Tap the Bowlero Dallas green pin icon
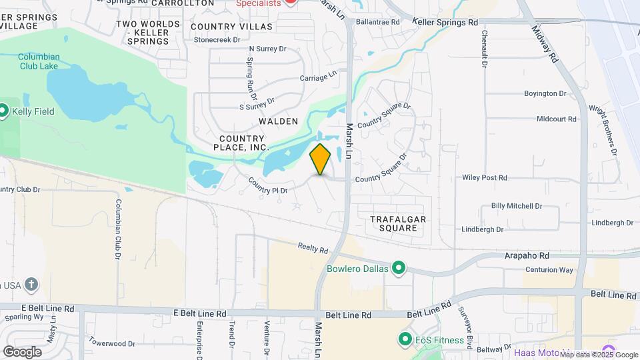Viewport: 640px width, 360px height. click(x=399, y=269)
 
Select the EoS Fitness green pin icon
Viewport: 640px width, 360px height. click(x=405, y=340)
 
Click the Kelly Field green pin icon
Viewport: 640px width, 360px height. click(x=3, y=110)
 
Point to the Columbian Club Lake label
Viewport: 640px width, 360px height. click(x=39, y=61)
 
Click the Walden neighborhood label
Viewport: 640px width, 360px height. click(x=278, y=121)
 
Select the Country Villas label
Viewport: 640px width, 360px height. click(x=231, y=27)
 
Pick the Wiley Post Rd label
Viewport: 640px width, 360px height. click(x=485, y=178)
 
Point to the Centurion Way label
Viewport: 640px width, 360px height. click(x=550, y=270)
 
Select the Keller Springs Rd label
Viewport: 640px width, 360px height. click(x=445, y=22)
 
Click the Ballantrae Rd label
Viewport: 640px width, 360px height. click(x=377, y=22)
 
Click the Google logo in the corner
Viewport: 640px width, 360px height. click(x=22, y=351)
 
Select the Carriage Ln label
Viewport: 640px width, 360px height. click(x=318, y=77)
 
